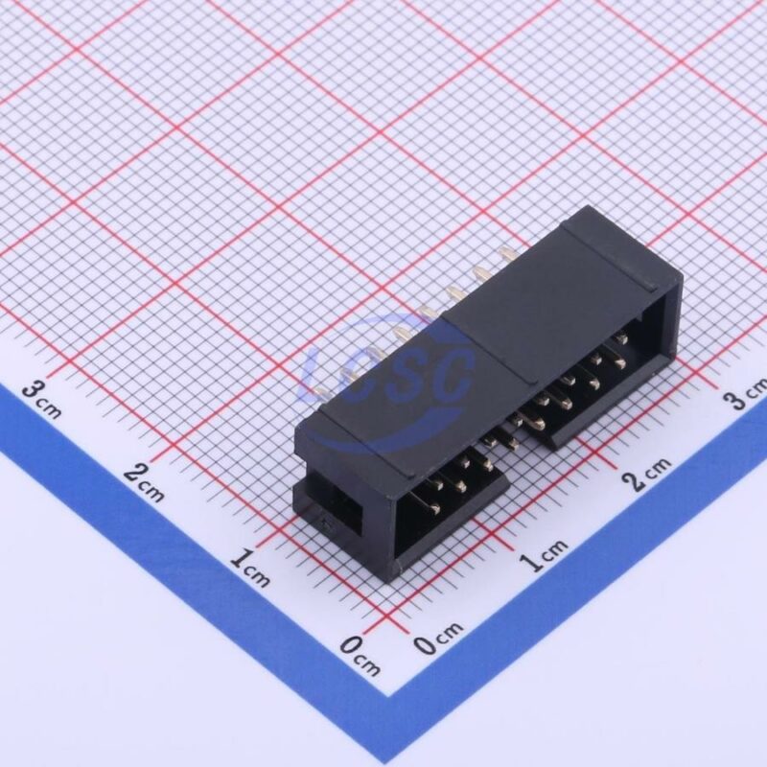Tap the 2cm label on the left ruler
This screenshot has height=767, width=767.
(143, 483)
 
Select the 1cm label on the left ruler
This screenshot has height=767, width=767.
(249, 568)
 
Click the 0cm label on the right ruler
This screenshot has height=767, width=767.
(438, 638)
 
